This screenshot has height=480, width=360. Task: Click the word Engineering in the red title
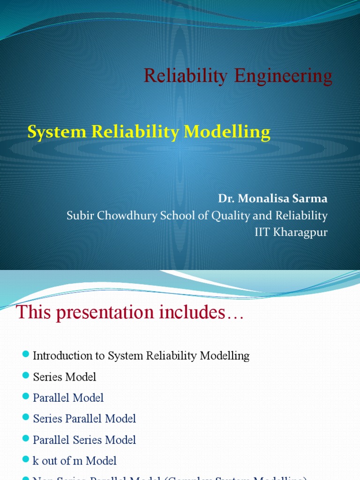click(x=283, y=76)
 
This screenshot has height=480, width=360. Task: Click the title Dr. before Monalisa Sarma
click(x=226, y=198)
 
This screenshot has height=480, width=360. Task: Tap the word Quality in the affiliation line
click(x=246, y=216)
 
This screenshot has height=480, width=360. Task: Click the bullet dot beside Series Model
click(x=26, y=376)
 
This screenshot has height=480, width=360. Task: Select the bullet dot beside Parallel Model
click(x=26, y=397)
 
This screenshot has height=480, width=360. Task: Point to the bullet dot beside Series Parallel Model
click(x=26, y=418)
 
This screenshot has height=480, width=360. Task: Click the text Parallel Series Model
click(x=84, y=440)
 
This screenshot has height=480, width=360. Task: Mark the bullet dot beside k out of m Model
click(x=26, y=460)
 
